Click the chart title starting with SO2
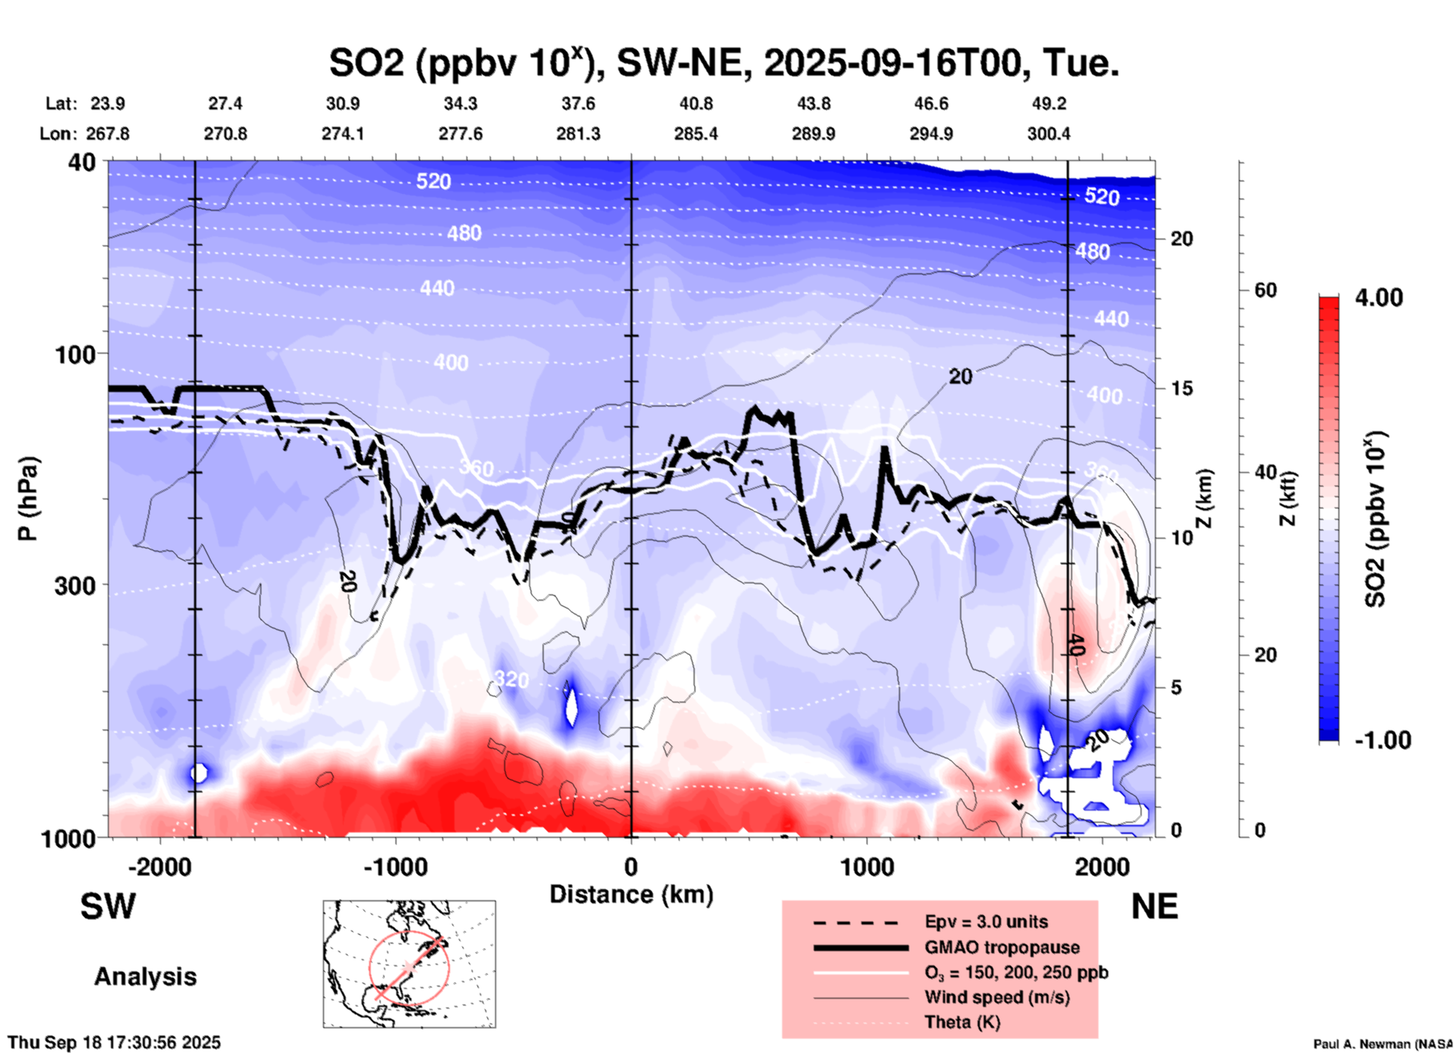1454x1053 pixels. [x=723, y=63]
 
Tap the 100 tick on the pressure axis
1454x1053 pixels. [x=80, y=354]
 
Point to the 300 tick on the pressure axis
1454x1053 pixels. [x=80, y=585]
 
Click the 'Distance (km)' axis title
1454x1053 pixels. [x=631, y=894]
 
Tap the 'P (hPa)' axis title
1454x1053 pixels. [x=28, y=499]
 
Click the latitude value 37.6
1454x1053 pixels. [x=578, y=103]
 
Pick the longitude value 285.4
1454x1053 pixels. [x=696, y=134]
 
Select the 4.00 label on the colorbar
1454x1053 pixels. [x=1379, y=297]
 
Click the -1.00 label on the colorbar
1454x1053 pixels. [x=1382, y=740]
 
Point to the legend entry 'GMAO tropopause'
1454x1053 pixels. [x=1002, y=947]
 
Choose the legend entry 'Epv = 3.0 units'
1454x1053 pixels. [x=986, y=922]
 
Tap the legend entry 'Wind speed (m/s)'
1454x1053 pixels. [x=997, y=997]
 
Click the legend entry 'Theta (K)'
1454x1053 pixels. [x=962, y=1022]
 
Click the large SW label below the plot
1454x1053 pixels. [x=108, y=906]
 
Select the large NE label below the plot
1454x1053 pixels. [x=1154, y=906]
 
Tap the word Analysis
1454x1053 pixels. [x=145, y=977]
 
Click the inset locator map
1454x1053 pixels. [x=409, y=964]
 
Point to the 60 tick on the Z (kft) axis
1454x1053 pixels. [x=1265, y=290]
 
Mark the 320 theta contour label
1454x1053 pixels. [x=511, y=679]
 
